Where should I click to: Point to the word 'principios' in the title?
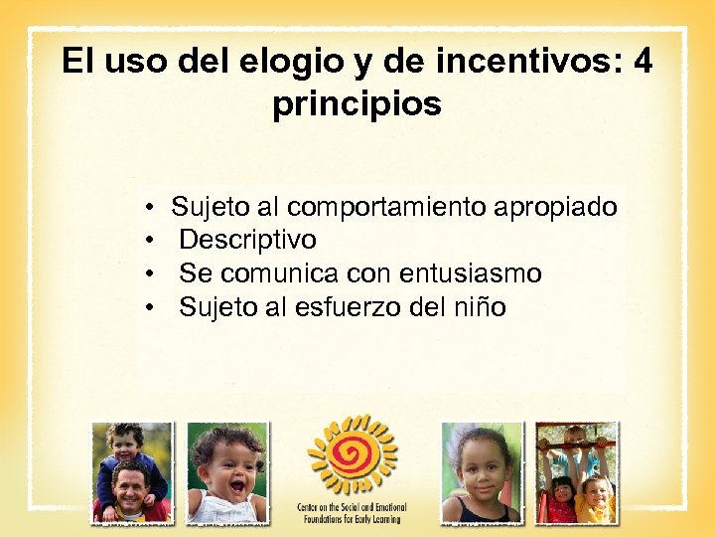357,103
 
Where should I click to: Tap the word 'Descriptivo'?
247,240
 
